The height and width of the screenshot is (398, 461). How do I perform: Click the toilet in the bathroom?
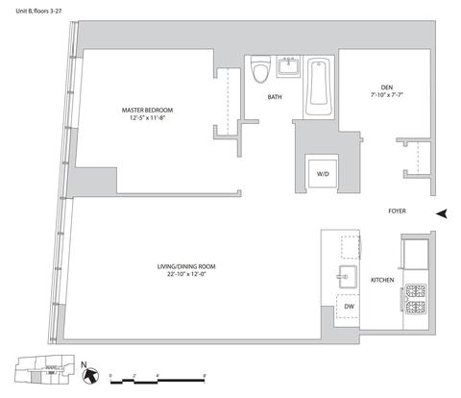click(259, 69)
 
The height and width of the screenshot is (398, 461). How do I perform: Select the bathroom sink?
click(288, 66)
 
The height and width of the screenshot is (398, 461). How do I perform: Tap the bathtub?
click(319, 87)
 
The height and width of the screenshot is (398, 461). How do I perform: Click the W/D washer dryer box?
click(323, 174)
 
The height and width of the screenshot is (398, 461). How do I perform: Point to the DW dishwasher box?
click(349, 307)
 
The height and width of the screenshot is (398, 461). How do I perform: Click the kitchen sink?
click(348, 277)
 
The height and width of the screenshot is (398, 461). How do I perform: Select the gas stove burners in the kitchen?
click(416, 299)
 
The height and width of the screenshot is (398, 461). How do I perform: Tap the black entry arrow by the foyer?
click(442, 213)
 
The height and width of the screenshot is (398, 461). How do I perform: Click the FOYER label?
click(397, 211)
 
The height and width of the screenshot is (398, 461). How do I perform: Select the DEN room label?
click(387, 87)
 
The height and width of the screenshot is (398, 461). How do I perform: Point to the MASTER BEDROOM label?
click(147, 111)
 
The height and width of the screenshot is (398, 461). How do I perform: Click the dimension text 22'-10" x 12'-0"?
click(186, 274)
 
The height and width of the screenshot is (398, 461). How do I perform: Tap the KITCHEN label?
click(382, 280)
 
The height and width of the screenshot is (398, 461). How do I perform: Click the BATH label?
click(275, 97)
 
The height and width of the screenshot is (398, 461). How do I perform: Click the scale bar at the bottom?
click(158, 381)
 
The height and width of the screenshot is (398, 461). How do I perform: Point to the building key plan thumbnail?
click(45, 369)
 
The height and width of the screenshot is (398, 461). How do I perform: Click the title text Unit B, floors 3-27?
click(38, 11)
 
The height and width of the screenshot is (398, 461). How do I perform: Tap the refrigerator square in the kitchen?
click(416, 254)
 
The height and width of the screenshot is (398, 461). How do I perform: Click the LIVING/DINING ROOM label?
click(186, 266)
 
